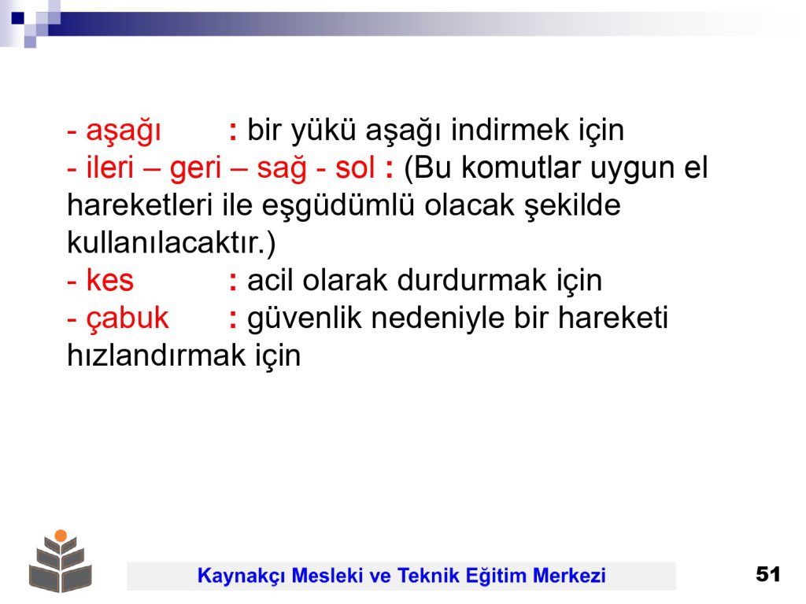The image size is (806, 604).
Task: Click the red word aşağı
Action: (124, 131)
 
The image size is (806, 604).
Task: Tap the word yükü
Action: (324, 130)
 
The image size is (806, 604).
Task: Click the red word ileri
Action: (110, 167)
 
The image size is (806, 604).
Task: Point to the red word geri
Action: (195, 169)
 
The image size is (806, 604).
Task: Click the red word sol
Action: (355, 167)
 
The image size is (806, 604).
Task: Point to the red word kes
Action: (110, 280)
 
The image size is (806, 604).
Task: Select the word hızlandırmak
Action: (157, 355)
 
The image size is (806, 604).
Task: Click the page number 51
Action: (768, 573)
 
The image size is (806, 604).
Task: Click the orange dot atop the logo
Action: (61, 535)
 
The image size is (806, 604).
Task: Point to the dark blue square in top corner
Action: (17, 18)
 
